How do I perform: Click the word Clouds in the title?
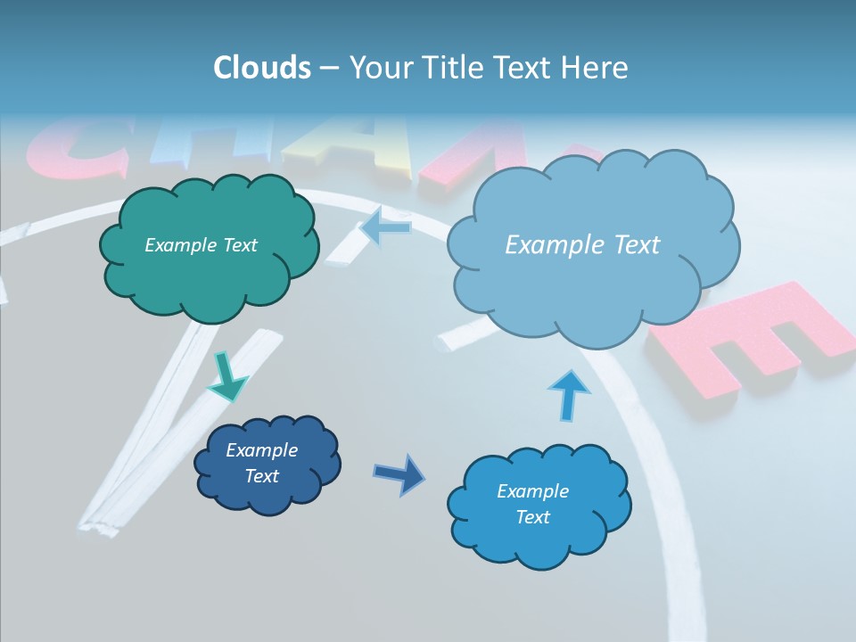(262, 68)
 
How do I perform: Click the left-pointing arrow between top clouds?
(385, 228)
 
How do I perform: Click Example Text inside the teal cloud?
(201, 245)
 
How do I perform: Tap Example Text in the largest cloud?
(582, 245)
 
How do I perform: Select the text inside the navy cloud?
(261, 463)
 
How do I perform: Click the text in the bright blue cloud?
(532, 504)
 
